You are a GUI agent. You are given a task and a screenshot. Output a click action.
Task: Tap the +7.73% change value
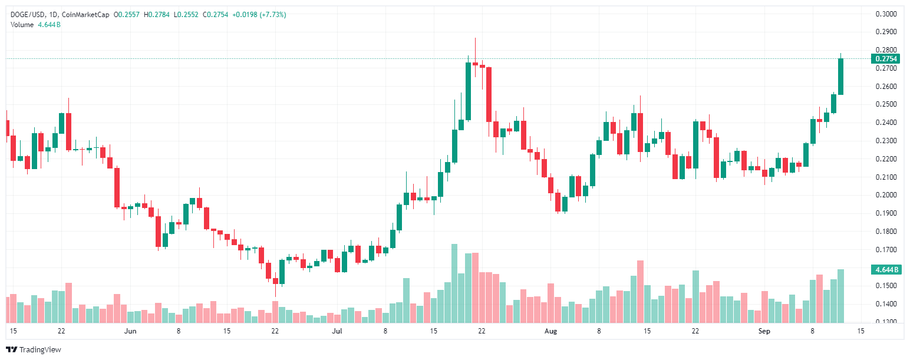click(273, 14)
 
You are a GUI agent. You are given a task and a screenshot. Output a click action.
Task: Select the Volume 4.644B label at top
click(35, 24)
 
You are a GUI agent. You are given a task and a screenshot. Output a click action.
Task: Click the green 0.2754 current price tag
click(886, 58)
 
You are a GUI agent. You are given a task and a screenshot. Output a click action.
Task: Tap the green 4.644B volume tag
click(886, 270)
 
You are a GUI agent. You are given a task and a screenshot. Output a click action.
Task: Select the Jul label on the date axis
click(337, 331)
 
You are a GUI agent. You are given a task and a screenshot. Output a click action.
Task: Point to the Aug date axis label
click(550, 331)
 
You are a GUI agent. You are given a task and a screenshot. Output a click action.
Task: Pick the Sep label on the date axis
click(764, 331)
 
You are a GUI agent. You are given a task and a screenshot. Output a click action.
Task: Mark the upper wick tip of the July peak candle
click(475, 38)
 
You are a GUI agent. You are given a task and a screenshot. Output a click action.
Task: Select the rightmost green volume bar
click(840, 296)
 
